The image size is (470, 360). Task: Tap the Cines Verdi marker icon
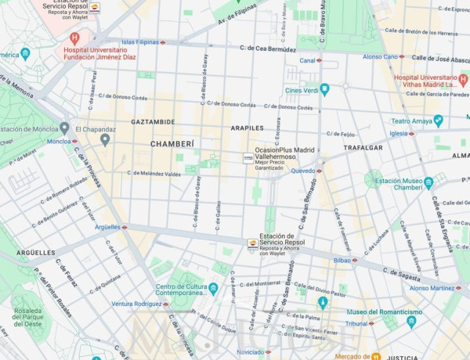(x=324, y=90)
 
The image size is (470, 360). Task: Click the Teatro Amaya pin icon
(x=438, y=121)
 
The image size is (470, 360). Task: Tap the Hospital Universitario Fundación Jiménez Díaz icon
(x=74, y=38)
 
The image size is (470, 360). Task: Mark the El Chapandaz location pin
(x=105, y=139)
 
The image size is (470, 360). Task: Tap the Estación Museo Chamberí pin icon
(x=428, y=183)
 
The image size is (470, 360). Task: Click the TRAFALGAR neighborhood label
(x=363, y=147)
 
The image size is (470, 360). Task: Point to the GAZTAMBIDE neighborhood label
(x=153, y=123)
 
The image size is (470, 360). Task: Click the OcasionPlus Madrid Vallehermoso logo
(x=248, y=157)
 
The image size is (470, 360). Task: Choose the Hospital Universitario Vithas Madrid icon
(x=463, y=80)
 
